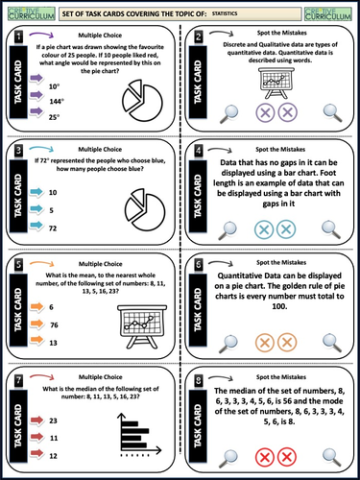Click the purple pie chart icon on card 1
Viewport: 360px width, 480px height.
(x=144, y=96)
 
